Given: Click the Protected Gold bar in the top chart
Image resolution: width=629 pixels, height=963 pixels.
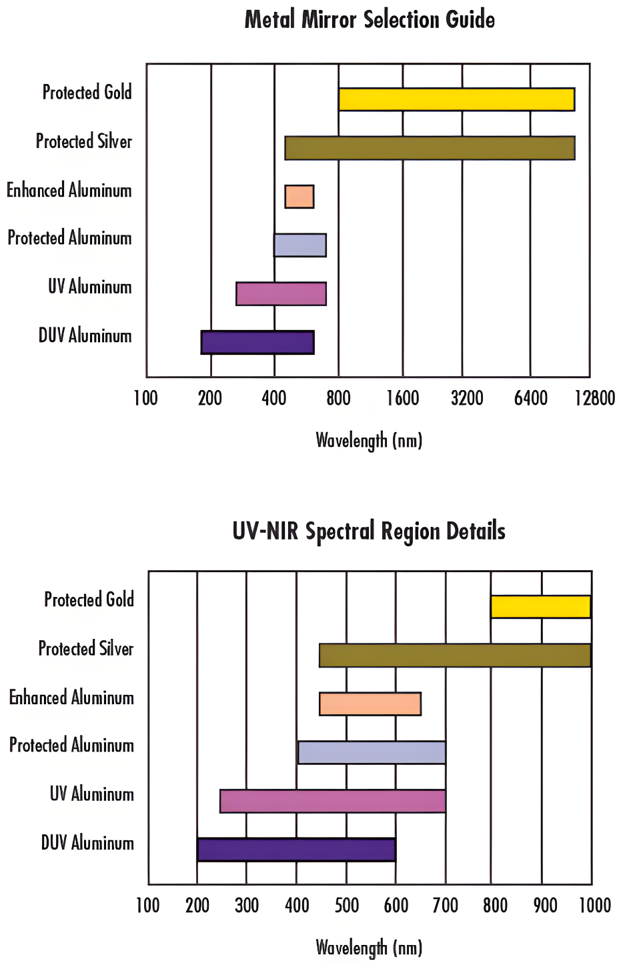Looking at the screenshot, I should pos(456,99).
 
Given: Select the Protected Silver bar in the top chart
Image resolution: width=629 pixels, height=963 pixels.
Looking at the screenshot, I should pos(430,148).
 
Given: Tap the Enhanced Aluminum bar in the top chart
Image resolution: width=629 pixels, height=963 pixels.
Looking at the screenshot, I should pos(299,197).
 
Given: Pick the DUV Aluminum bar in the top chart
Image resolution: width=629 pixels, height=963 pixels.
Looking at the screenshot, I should pos(257,342).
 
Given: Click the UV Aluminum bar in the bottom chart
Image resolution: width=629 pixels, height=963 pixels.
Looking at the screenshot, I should pos(333,801).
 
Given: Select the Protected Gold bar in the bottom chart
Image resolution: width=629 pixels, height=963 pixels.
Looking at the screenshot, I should pos(541,607).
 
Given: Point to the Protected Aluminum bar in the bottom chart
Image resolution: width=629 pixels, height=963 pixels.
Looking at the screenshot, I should pos(372,752).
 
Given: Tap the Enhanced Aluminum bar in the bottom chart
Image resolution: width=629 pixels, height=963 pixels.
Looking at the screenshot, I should pos(370,704).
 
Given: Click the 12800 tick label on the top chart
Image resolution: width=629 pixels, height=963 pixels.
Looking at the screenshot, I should pos(594,399).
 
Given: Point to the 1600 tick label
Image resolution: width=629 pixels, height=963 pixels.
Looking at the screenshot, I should pos(403,399).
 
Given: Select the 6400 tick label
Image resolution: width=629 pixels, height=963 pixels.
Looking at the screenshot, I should pos(531,399).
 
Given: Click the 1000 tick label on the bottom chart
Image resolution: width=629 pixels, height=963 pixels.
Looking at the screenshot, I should pos(594,906).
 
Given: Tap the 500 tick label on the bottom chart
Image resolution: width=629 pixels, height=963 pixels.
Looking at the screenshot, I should pos(347,906).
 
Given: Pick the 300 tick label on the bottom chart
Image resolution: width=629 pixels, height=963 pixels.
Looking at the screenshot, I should pos(247,906).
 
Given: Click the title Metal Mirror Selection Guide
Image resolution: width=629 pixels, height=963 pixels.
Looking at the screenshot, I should pos(370,19).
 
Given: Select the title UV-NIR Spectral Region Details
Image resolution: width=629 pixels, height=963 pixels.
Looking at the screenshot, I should pos(369,532).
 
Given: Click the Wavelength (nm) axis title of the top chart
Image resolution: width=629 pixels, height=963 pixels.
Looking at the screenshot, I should pos(369,440).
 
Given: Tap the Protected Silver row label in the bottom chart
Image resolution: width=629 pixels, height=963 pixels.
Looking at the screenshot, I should pos(86,649).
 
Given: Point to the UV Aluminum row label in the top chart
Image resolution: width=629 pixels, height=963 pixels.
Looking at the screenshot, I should pos(90,287).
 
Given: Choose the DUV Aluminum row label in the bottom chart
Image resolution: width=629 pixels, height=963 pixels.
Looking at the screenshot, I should pos(87,843).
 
